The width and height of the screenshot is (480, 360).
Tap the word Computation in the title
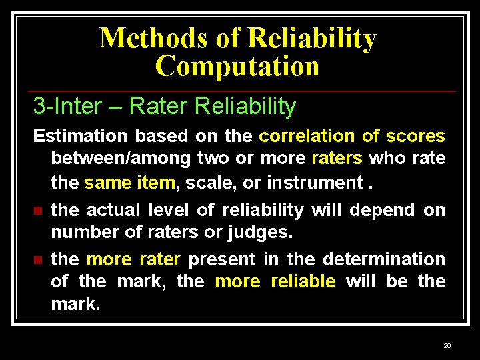click(x=237, y=66)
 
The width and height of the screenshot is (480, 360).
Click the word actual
click(x=113, y=210)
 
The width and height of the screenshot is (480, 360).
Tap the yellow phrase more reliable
click(x=275, y=281)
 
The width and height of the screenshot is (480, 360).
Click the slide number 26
click(x=447, y=346)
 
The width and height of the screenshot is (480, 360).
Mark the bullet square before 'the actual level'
click(x=38, y=211)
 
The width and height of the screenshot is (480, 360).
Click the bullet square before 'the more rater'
click(x=38, y=259)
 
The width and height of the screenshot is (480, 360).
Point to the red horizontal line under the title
click(x=240, y=91)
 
